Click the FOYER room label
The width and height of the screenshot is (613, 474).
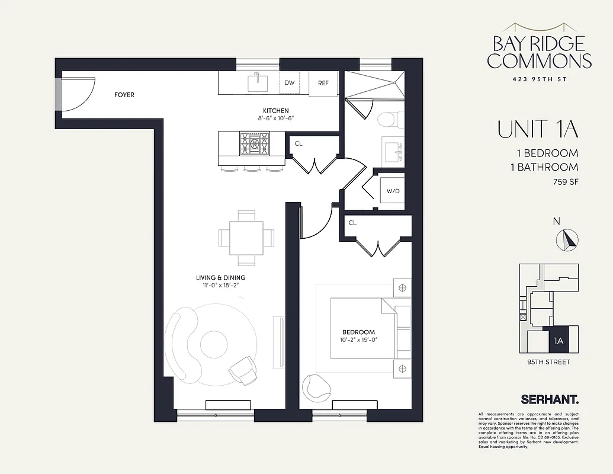coord(124,95)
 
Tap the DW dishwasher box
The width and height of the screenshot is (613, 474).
coord(289,83)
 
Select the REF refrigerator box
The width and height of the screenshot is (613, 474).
coord(323,83)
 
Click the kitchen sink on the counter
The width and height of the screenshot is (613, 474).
coord(259,82)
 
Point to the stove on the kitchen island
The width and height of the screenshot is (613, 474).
coord(253,143)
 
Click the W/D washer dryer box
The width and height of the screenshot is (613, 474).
coord(392,191)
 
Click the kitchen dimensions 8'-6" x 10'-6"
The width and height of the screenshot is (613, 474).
coord(276,118)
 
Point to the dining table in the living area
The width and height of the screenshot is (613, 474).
coord(247,238)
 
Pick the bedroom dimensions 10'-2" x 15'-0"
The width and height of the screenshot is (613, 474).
coord(358,340)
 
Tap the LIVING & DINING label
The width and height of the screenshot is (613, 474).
coord(221,277)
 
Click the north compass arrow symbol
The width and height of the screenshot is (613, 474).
coord(568,239)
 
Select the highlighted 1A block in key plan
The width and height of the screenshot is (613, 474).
coord(557,341)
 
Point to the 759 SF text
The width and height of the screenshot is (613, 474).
coord(565,181)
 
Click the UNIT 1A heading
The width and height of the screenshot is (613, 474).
coord(538,130)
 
